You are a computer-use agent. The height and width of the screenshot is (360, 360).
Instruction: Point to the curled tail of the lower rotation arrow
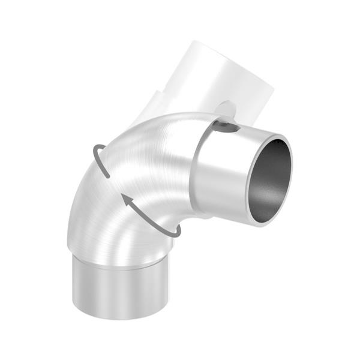[174, 230]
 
